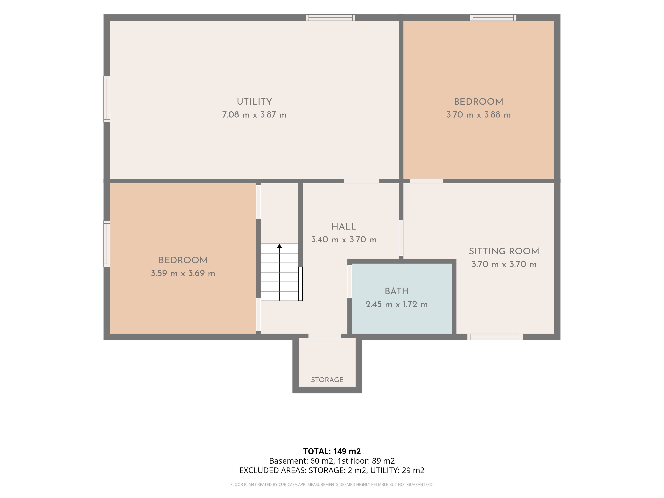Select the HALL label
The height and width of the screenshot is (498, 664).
pos(344,227)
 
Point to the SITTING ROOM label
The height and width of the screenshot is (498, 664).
pos(504,251)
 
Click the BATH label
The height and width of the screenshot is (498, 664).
pos(396,291)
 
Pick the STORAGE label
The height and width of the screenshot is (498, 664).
pos(327,380)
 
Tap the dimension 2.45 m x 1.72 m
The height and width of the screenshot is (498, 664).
pos(396,304)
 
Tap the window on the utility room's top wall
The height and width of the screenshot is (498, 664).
pos(330,18)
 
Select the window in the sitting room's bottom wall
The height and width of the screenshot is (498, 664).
pos(495,337)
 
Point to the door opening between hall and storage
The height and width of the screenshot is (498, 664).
pos(325,336)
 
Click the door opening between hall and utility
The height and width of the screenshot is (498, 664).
pos(361,181)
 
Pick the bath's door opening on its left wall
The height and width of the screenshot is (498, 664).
pos(349,282)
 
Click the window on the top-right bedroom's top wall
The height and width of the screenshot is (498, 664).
pos(493,18)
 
